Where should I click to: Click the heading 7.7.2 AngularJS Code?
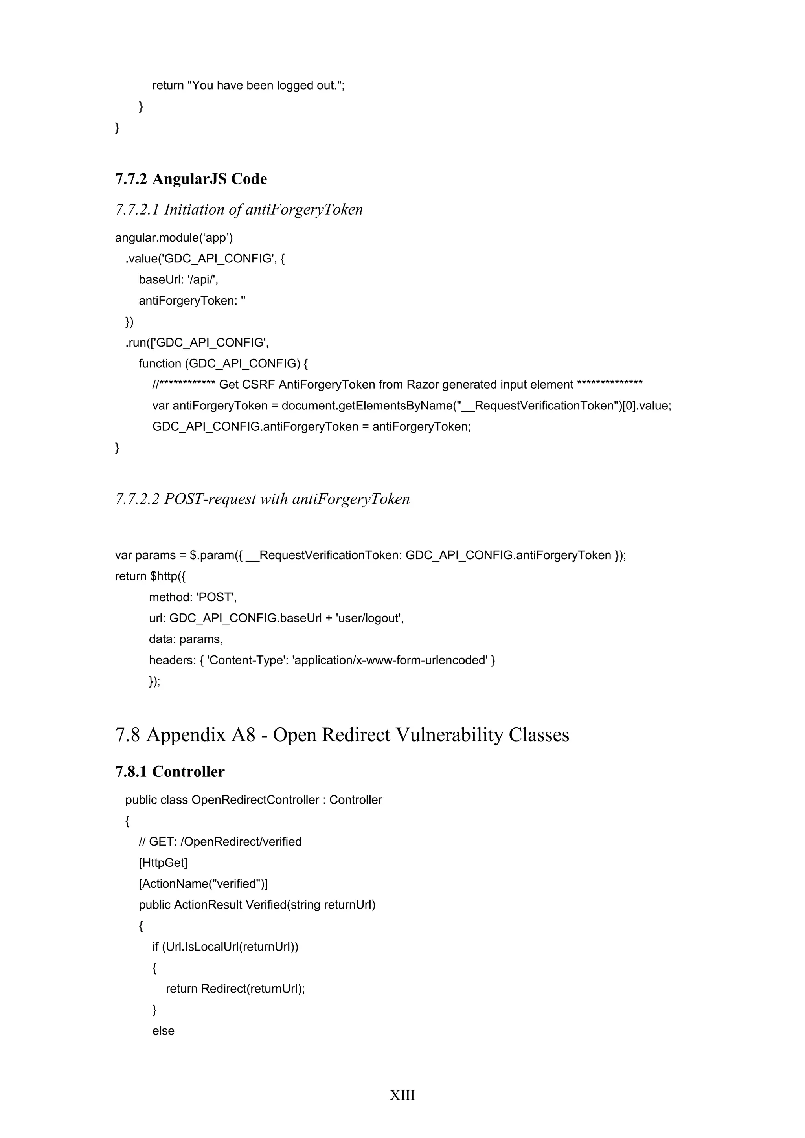[x=191, y=179]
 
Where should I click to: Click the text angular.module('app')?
[x=174, y=238]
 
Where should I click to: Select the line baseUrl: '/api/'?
[x=178, y=279]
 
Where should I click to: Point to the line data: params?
[x=186, y=639]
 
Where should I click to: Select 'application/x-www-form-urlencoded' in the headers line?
[x=390, y=660]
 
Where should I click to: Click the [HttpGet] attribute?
[x=163, y=863]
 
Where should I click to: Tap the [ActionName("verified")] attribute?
[x=203, y=884]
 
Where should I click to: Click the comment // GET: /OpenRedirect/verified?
[x=220, y=842]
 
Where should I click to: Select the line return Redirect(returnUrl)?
[x=235, y=989]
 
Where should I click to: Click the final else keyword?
[x=163, y=1030]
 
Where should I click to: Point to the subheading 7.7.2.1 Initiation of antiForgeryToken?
[x=239, y=210]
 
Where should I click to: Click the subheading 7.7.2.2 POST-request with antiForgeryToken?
[x=262, y=499]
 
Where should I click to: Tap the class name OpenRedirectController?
[x=255, y=800]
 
